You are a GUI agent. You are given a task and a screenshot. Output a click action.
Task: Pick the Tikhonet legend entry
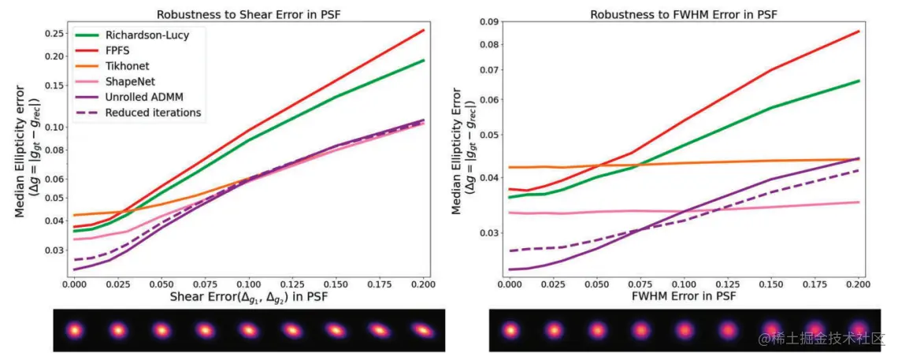[127, 66]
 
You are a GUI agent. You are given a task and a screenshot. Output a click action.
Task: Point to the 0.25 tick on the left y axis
[55, 33]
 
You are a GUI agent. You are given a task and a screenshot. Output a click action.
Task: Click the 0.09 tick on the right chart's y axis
[489, 20]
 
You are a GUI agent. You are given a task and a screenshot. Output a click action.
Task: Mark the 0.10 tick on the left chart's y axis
[55, 127]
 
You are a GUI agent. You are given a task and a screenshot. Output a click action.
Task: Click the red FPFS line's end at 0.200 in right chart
[858, 32]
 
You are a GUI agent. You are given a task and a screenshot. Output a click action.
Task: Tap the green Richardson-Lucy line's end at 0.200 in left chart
[424, 61]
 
